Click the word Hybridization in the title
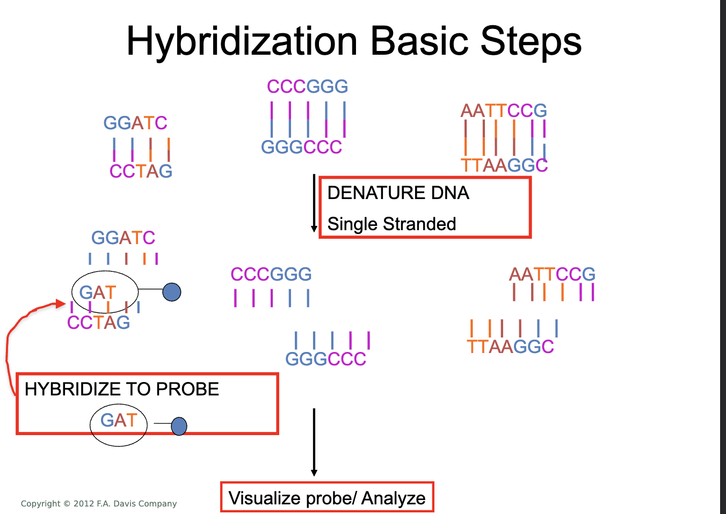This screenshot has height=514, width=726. (x=242, y=42)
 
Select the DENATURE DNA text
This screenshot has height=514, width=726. (x=398, y=193)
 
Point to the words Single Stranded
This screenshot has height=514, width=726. (x=391, y=224)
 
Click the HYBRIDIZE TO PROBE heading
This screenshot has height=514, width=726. (x=122, y=389)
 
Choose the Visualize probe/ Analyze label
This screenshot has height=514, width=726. (x=326, y=498)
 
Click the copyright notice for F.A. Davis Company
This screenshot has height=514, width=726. (x=99, y=504)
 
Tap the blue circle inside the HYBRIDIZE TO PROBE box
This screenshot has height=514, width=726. (x=179, y=427)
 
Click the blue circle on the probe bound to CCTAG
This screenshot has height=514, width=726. (x=172, y=292)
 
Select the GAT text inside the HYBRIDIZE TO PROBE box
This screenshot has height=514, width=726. (x=119, y=420)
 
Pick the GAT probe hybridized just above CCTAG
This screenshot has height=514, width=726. (x=98, y=292)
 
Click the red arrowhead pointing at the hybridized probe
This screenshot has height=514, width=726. (x=60, y=304)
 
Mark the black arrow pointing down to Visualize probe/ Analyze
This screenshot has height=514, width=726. (x=314, y=442)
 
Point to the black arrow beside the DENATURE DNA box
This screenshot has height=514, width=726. (x=314, y=203)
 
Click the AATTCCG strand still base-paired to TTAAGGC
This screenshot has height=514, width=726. (x=504, y=111)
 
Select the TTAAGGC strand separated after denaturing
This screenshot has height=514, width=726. (x=510, y=347)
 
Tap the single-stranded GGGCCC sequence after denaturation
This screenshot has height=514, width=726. (x=325, y=358)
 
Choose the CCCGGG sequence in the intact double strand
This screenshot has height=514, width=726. (x=307, y=86)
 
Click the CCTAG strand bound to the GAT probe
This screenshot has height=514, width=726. (x=98, y=322)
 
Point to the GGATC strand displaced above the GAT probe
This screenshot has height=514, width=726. (x=123, y=238)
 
